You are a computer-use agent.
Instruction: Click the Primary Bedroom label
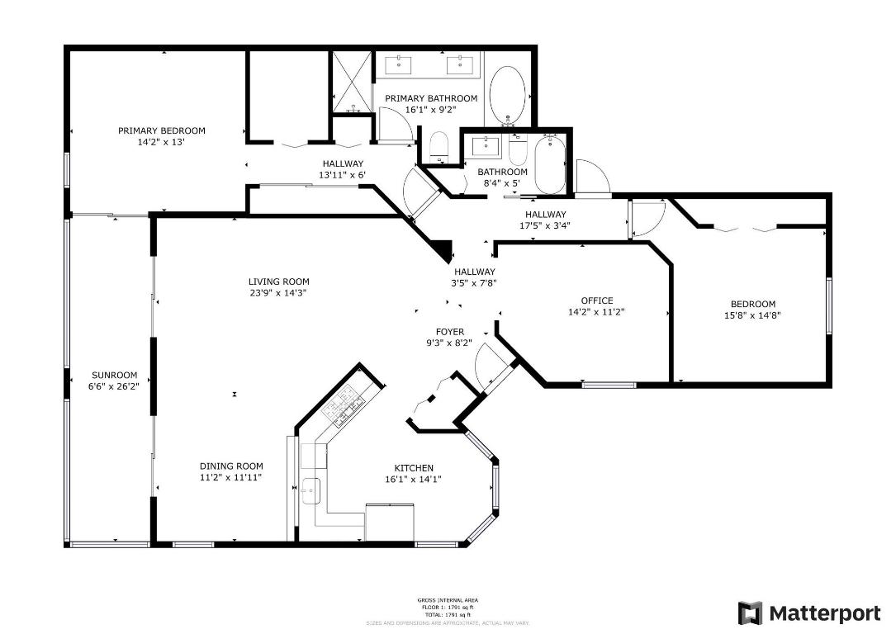click(161, 130)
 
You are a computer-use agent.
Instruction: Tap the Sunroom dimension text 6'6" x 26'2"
click(114, 386)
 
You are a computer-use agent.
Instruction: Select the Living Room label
click(278, 282)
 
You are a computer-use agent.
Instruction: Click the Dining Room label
click(231, 466)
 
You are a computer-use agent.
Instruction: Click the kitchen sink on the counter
click(311, 490)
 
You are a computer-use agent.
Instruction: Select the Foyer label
click(450, 332)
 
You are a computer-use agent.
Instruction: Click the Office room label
click(596, 300)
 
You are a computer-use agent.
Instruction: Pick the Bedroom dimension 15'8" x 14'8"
click(752, 315)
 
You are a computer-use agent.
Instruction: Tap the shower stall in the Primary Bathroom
click(353, 83)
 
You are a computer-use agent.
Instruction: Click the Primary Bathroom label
click(430, 98)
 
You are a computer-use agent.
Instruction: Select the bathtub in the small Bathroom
click(549, 163)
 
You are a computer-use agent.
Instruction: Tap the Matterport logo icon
click(750, 613)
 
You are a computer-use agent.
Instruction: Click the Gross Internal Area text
click(447, 600)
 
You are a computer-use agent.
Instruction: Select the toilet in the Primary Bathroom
click(439, 147)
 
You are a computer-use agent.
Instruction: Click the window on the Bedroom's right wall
click(828, 305)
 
